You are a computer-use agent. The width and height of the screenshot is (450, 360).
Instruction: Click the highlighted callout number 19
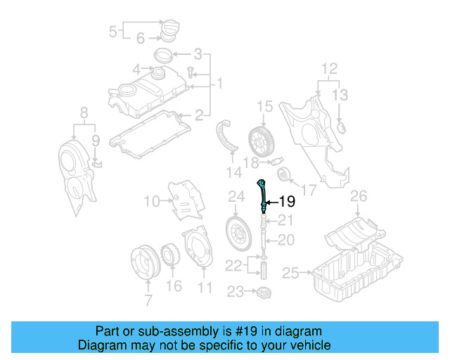287,201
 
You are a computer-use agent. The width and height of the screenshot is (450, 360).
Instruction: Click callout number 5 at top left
113,31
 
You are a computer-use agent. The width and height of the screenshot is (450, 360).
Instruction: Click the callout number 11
205,287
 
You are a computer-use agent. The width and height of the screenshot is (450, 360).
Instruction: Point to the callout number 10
151,202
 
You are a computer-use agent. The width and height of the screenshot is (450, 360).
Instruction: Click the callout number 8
84,111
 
